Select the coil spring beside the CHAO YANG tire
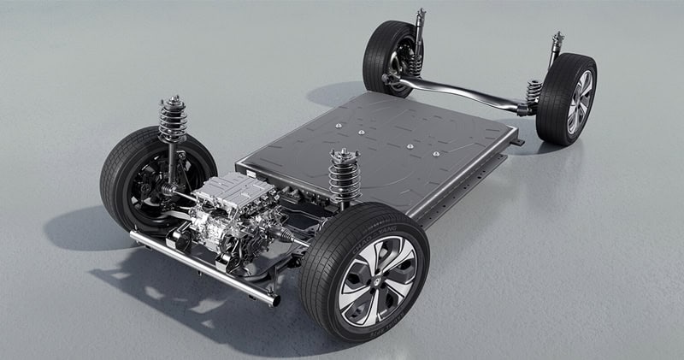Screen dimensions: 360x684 click(x=344, y=176)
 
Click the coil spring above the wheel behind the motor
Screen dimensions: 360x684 click(x=173, y=120)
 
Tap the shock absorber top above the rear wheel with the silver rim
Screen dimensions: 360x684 click(x=557, y=39)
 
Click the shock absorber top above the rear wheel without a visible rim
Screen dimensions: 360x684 click(x=420, y=15)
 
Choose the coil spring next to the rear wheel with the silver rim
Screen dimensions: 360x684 click(x=534, y=89)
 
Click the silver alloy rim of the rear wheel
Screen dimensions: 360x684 click(x=580, y=102)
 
